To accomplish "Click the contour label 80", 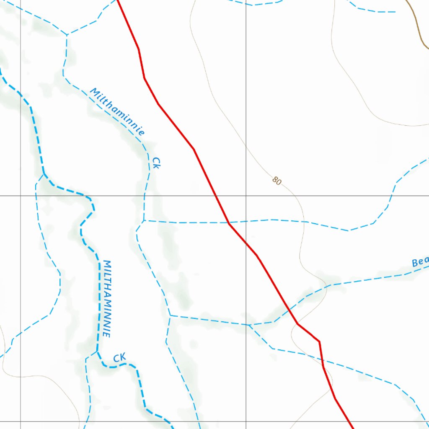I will point(277,181).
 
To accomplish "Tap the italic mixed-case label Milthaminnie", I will point(118,112).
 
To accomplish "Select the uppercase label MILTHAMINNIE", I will point(107,299).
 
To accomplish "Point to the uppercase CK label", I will point(119,358).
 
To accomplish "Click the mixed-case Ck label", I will point(156,163).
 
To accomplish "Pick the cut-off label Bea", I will point(420,262).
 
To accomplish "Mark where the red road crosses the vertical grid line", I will point(246,243).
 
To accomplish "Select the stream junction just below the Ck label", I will point(144,221).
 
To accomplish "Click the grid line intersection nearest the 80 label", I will point(246,196).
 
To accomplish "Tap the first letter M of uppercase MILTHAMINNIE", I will point(107,264).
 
